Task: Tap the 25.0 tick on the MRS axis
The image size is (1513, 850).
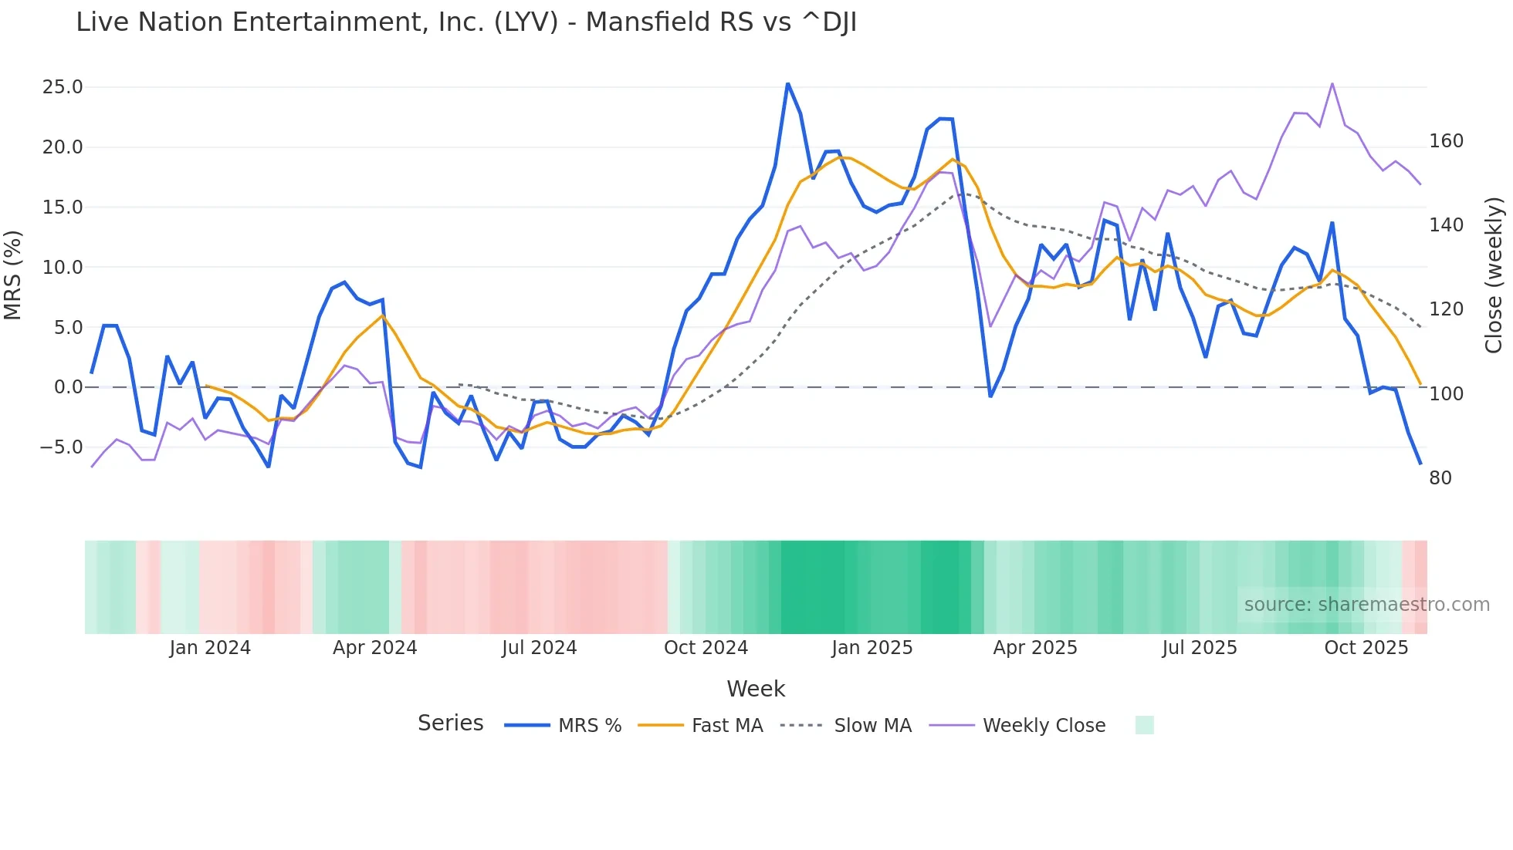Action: coord(63,87)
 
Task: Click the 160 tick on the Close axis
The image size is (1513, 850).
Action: coord(1446,141)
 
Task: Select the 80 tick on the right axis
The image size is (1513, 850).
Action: coord(1440,478)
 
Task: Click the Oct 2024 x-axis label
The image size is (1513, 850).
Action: coord(706,648)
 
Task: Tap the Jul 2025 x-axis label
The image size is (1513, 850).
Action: coord(1199,648)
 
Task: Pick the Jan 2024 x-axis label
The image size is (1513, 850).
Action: coord(210,648)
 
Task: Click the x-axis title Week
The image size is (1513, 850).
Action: coord(756,689)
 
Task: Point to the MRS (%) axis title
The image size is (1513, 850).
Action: coord(12,275)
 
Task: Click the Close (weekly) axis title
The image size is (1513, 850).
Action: coord(1494,275)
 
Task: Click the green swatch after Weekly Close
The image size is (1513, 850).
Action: coord(1145,725)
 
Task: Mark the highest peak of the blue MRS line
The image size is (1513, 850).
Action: coord(787,83)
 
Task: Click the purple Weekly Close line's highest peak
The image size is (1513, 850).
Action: coord(1332,83)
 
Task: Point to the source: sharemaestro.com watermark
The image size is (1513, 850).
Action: coord(1366,605)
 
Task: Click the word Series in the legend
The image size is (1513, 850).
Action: coord(450,724)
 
